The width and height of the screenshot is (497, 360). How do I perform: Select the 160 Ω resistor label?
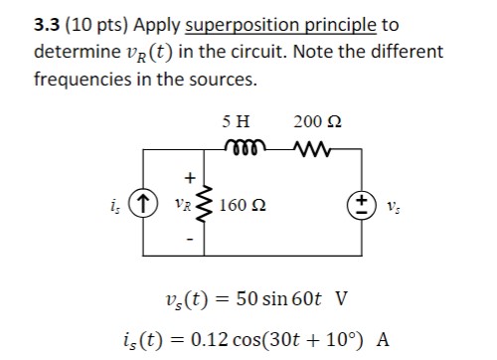coord(243,207)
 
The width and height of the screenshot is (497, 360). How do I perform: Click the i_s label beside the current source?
coord(120,208)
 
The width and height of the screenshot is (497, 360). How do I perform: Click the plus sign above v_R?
coord(186,179)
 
